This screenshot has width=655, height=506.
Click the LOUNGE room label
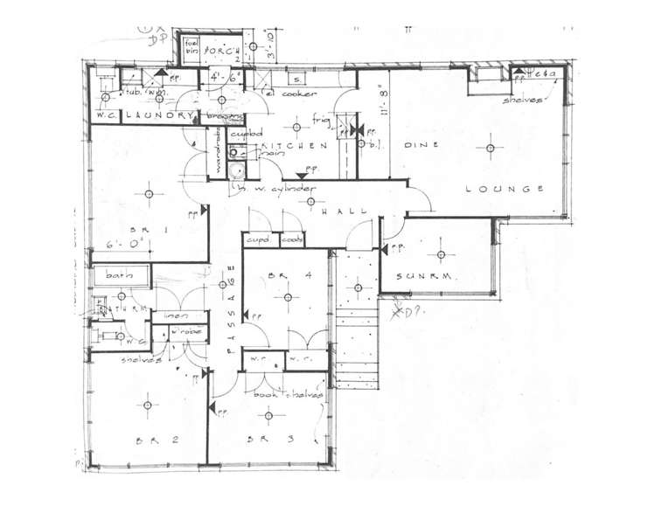point(506,189)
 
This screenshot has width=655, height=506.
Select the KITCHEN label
point(298,147)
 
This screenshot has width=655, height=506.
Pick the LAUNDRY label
point(158,115)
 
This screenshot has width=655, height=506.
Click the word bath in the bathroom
point(118,275)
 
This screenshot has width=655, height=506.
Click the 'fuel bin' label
point(190,47)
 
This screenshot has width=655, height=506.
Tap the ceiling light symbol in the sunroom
point(441,254)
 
